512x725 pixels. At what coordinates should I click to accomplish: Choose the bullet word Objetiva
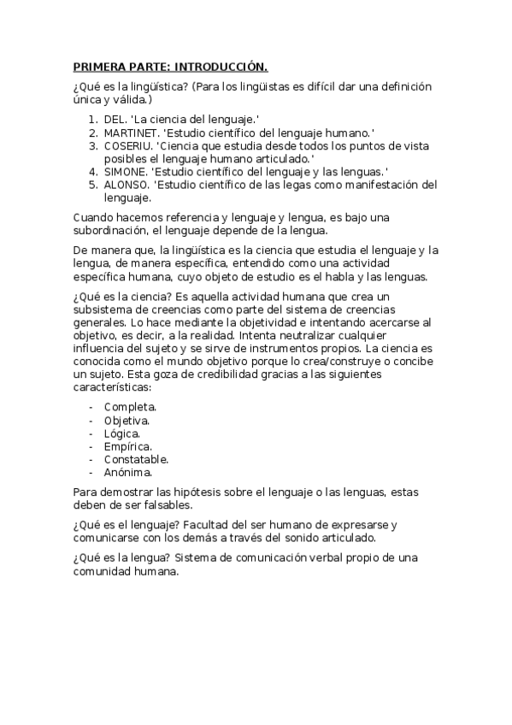(127, 421)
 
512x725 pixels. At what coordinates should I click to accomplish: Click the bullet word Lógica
(122, 433)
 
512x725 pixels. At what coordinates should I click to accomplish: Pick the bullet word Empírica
(128, 446)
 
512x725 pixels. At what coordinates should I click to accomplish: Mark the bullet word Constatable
(137, 459)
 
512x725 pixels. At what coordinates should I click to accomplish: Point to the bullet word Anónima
(128, 472)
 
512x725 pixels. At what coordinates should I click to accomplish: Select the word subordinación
(113, 231)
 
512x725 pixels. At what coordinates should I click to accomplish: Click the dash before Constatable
(91, 459)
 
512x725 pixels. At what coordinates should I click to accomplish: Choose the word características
(115, 387)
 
